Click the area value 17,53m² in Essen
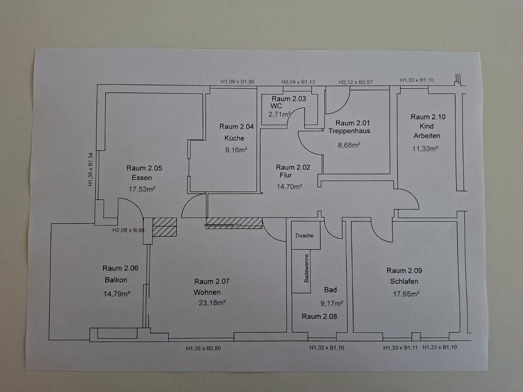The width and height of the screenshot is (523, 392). point(142,189)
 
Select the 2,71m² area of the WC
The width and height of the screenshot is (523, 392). point(281,114)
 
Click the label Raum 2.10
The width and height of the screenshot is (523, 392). point(428,117)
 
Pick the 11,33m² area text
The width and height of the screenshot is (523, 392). point(426,148)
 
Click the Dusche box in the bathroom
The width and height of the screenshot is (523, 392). point(305,236)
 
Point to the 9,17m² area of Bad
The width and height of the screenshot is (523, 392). point(331,303)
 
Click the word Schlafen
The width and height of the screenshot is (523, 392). point(404,281)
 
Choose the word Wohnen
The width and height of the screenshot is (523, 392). point(207,292)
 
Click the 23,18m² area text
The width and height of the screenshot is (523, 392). point(212,303)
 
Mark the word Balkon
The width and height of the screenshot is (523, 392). point(116,280)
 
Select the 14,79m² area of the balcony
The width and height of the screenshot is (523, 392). point(117,293)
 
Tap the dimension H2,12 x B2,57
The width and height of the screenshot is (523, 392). point(357,82)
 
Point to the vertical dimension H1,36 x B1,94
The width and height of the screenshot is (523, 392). point(91,169)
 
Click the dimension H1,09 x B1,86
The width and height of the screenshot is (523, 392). point(237,82)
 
